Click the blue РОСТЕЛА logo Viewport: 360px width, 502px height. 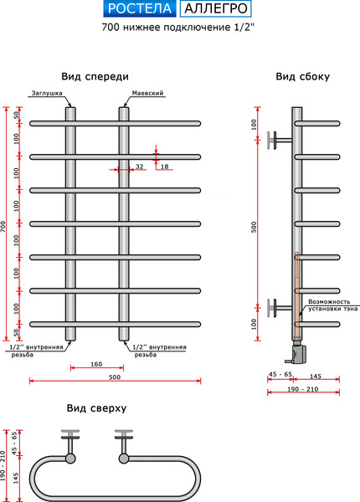[x=139, y=8]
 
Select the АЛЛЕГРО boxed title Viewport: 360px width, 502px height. [x=215, y=8]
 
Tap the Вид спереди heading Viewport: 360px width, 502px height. [x=95, y=77]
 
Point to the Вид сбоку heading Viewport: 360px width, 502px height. [x=303, y=76]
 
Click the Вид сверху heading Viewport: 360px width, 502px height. [x=96, y=408]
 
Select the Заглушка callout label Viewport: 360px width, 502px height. [x=47, y=93]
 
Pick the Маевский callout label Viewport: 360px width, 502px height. [x=147, y=93]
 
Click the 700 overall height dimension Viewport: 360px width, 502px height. [x=3, y=227]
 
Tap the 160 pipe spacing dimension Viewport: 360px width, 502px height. [x=96, y=364]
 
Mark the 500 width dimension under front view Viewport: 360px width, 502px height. [x=115, y=376]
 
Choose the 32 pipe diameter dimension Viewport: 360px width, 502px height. [x=139, y=166]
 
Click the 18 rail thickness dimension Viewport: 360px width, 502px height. [x=164, y=166]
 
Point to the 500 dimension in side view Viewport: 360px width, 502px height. [x=254, y=227]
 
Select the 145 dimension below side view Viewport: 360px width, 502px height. [x=316, y=376]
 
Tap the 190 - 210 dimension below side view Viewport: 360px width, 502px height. [x=303, y=389]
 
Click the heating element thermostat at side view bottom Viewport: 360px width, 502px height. [x=299, y=353]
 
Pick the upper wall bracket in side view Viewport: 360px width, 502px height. [x=280, y=140]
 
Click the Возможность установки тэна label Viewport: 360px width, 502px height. [x=333, y=305]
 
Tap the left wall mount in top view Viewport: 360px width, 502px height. [x=70, y=446]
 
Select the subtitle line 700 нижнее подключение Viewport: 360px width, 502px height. [x=177, y=28]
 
